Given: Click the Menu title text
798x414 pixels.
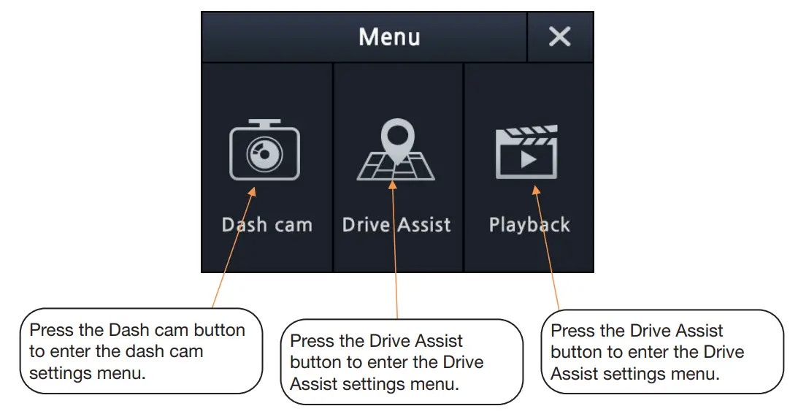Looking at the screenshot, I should pyautogui.click(x=389, y=37).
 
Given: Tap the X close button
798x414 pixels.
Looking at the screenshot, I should pyautogui.click(x=559, y=37).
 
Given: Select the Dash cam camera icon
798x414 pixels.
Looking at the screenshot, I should pyautogui.click(x=264, y=151).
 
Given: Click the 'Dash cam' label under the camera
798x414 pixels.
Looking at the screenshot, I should pyautogui.click(x=266, y=225).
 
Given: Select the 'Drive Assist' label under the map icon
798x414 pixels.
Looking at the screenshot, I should pyautogui.click(x=396, y=225).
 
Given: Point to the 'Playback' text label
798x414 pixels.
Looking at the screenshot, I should pyautogui.click(x=529, y=225).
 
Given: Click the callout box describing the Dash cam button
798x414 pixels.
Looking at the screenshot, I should pyautogui.click(x=140, y=350).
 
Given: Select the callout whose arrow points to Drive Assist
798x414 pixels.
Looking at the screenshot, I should pyautogui.click(x=402, y=362).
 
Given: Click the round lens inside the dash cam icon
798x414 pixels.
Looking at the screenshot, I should pyautogui.click(x=263, y=155).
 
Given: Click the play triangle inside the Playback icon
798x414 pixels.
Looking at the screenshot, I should pyautogui.click(x=527, y=158).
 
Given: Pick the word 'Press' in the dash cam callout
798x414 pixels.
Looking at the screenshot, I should pyautogui.click(x=51, y=330).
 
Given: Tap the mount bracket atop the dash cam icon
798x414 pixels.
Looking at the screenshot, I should pyautogui.click(x=264, y=123).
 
